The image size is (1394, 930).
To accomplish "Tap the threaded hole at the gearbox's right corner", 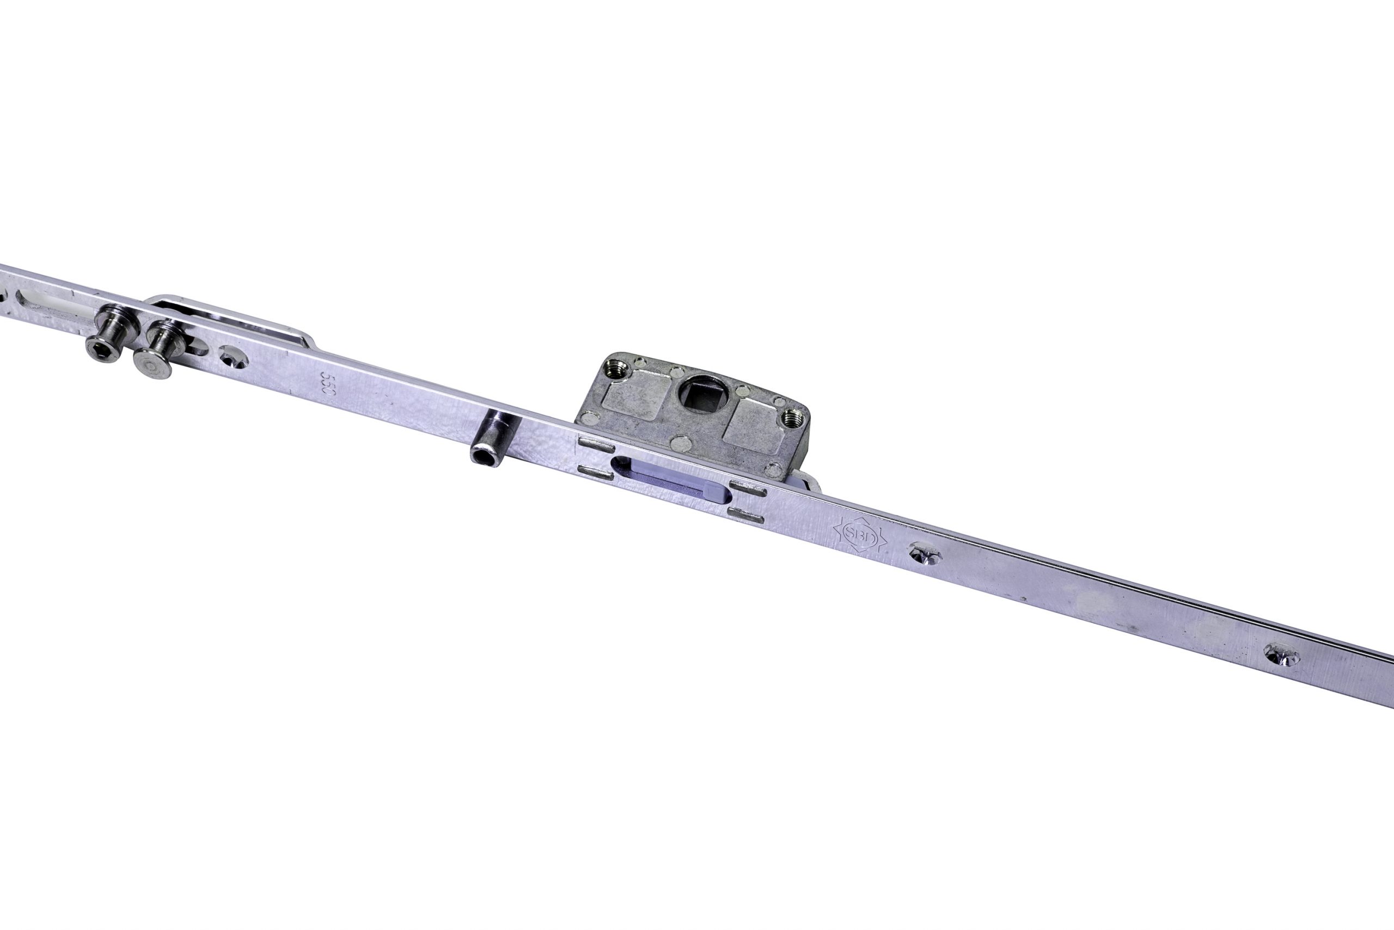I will tap(789, 418).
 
